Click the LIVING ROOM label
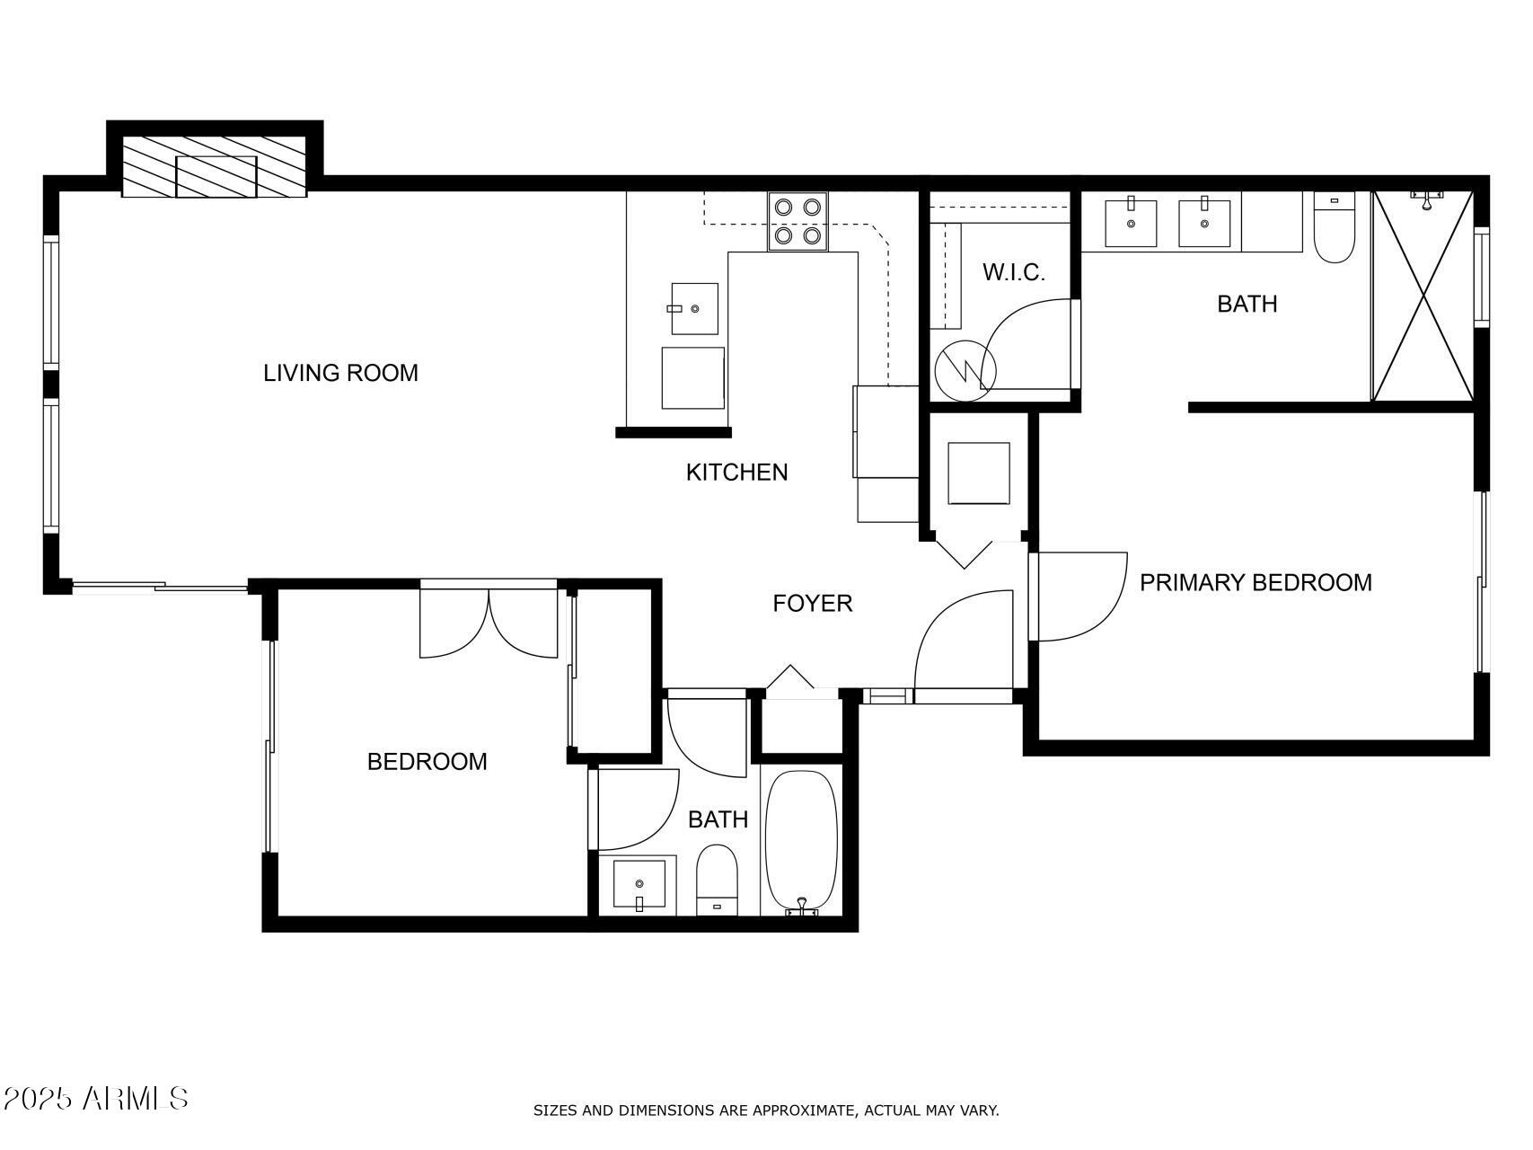[x=340, y=373]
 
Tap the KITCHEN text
[x=736, y=473]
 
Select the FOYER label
[x=812, y=604]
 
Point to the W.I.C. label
[x=1013, y=273]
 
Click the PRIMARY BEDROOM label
[x=1255, y=583]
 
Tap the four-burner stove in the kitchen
[x=797, y=222]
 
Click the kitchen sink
[x=694, y=309]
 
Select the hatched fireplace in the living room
[x=215, y=167]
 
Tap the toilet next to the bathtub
[x=717, y=880]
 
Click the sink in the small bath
[x=639, y=884]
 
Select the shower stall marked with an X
[x=1423, y=296]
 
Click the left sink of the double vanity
[x=1130, y=223]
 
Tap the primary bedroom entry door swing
[x=1078, y=597]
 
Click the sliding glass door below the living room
[x=160, y=588]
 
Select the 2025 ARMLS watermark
[x=95, y=1098]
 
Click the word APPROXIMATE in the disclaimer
[x=803, y=1110]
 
